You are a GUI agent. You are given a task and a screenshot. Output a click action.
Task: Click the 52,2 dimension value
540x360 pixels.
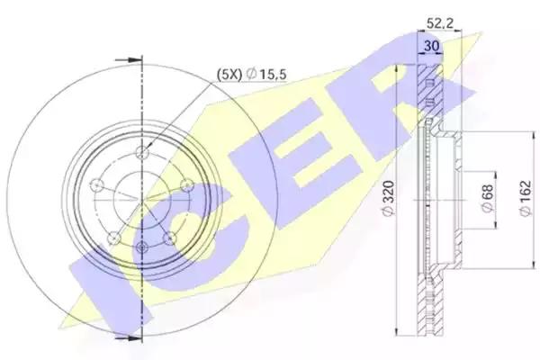[440, 23]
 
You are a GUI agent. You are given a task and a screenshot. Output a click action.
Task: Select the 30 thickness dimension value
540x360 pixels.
[431, 46]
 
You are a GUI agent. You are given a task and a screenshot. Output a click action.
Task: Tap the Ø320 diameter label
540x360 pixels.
[389, 199]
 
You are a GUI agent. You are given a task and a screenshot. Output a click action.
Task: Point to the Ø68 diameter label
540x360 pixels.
[487, 199]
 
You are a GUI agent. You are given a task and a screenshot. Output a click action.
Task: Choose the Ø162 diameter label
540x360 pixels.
[526, 199]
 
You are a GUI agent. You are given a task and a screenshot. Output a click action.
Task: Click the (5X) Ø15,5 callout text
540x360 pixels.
[252, 74]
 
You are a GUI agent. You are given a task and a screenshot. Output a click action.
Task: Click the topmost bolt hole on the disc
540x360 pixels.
[142, 152]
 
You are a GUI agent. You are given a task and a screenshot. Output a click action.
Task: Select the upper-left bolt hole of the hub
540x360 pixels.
[96, 185]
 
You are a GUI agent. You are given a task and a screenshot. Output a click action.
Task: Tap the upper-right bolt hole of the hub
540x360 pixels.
[188, 185]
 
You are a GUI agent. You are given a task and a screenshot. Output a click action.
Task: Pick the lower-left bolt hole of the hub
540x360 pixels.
[113, 238]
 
